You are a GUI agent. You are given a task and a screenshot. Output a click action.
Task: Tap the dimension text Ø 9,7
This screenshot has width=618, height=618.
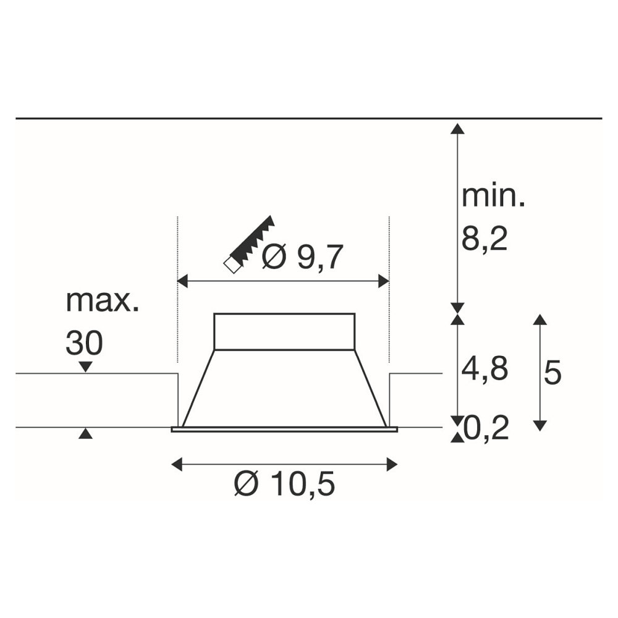tap(303, 257)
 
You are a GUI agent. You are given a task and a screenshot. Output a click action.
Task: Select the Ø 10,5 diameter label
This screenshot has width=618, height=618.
tap(284, 484)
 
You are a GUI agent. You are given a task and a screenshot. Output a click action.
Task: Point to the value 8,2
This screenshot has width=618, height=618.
tap(485, 239)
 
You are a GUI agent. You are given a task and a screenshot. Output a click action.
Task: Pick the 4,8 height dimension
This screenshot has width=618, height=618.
tap(485, 369)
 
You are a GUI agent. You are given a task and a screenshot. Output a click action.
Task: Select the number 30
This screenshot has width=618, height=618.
tap(84, 342)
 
